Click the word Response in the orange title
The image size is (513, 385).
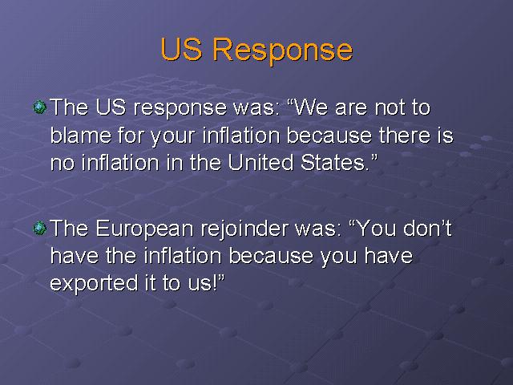pos(283,51)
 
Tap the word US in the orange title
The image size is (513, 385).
pos(182,49)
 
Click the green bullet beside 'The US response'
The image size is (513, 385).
pos(39,107)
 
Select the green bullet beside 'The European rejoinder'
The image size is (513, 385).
pos(39,228)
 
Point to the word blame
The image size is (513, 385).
pos(81,135)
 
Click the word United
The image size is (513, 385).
pos(261,162)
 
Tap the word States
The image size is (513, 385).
pos(335,162)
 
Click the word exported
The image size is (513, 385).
pos(94,283)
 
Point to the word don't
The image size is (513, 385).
pos(427,228)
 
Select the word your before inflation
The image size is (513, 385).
pos(173,137)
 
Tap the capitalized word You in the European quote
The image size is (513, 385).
pos(376,228)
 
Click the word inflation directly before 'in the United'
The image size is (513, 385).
pos(119,162)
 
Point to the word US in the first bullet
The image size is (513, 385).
pos(111,107)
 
